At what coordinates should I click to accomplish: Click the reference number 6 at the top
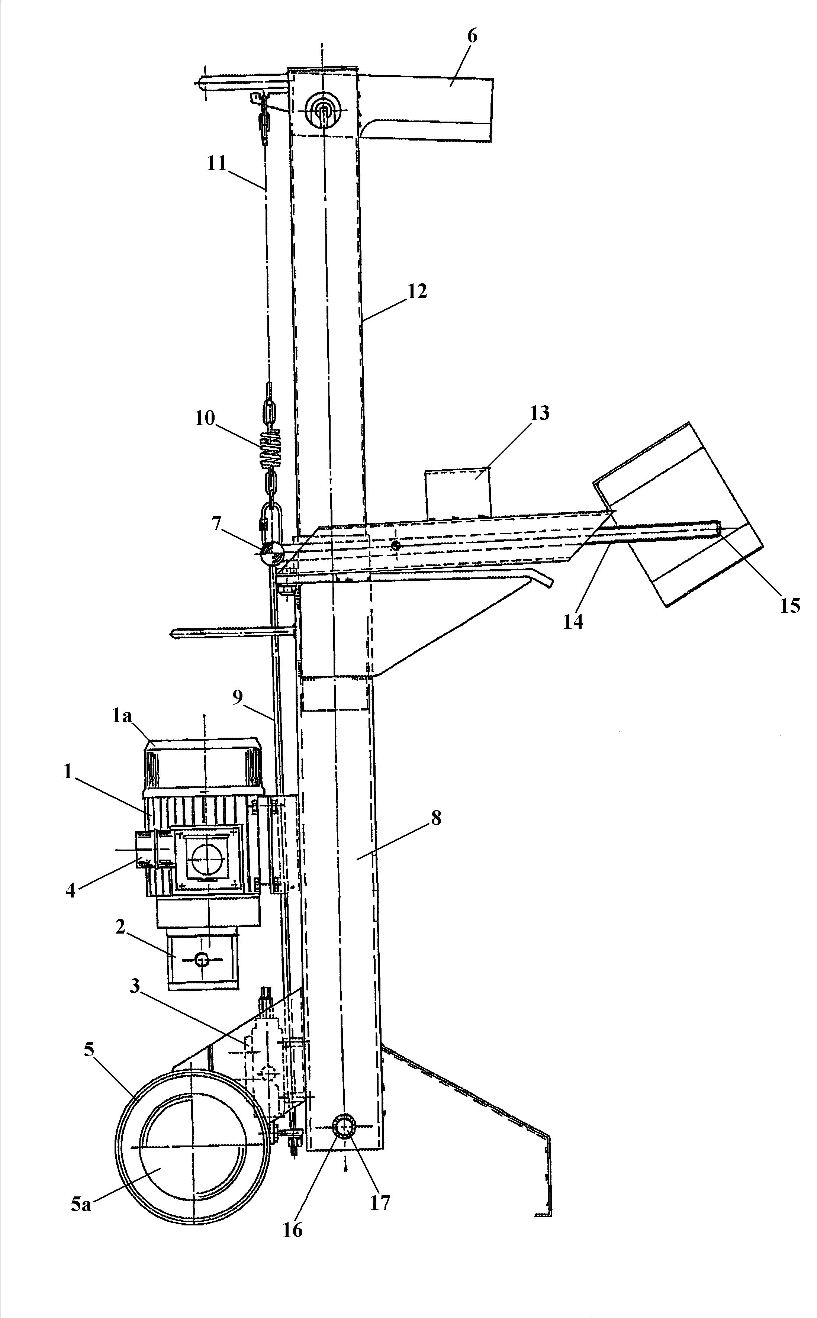click(472, 37)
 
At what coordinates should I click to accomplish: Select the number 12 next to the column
click(417, 292)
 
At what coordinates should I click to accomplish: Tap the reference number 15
click(790, 606)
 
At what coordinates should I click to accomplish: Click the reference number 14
click(574, 622)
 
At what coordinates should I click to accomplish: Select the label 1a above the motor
click(122, 716)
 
